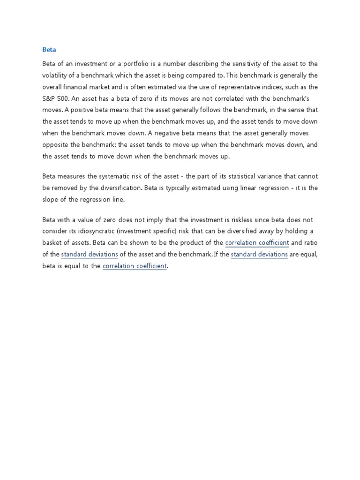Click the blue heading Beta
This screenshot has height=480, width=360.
click(x=49, y=50)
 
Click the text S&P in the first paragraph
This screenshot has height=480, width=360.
click(x=49, y=98)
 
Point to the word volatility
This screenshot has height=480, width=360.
click(x=56, y=75)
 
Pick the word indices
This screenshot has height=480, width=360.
click(x=269, y=87)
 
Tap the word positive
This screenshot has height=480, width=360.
click(x=81, y=110)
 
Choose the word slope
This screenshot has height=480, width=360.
click(x=51, y=199)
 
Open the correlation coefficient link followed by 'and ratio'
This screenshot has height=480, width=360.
click(x=257, y=243)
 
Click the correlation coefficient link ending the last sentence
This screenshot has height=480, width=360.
click(x=135, y=266)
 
